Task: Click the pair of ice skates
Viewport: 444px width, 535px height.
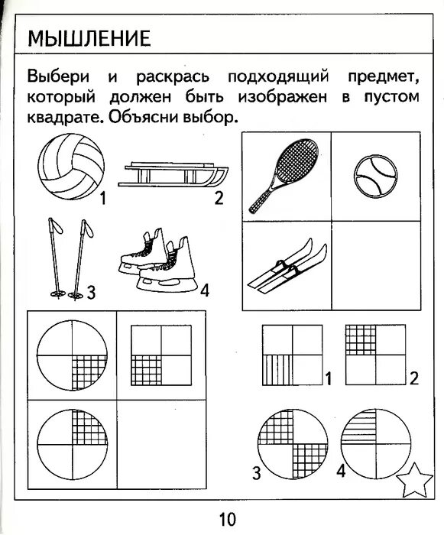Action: click(x=158, y=264)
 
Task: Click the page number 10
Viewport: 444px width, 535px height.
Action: click(x=227, y=520)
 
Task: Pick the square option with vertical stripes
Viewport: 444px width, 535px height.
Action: click(x=291, y=355)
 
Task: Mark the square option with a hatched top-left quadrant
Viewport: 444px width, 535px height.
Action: click(x=374, y=354)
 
